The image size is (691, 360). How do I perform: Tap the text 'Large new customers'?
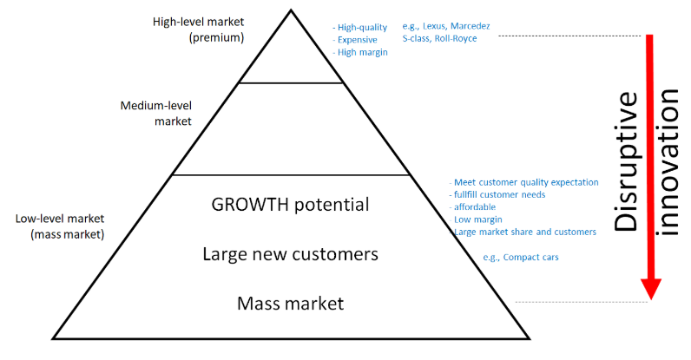[290, 255]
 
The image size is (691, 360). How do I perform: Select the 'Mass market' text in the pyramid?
[290, 304]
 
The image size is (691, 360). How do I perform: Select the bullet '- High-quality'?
[360, 28]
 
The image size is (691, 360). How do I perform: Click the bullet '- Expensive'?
[357, 40]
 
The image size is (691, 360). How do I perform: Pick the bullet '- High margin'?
[360, 53]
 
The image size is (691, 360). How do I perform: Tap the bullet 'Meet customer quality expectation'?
[524, 182]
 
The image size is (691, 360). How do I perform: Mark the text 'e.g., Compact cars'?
[521, 258]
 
